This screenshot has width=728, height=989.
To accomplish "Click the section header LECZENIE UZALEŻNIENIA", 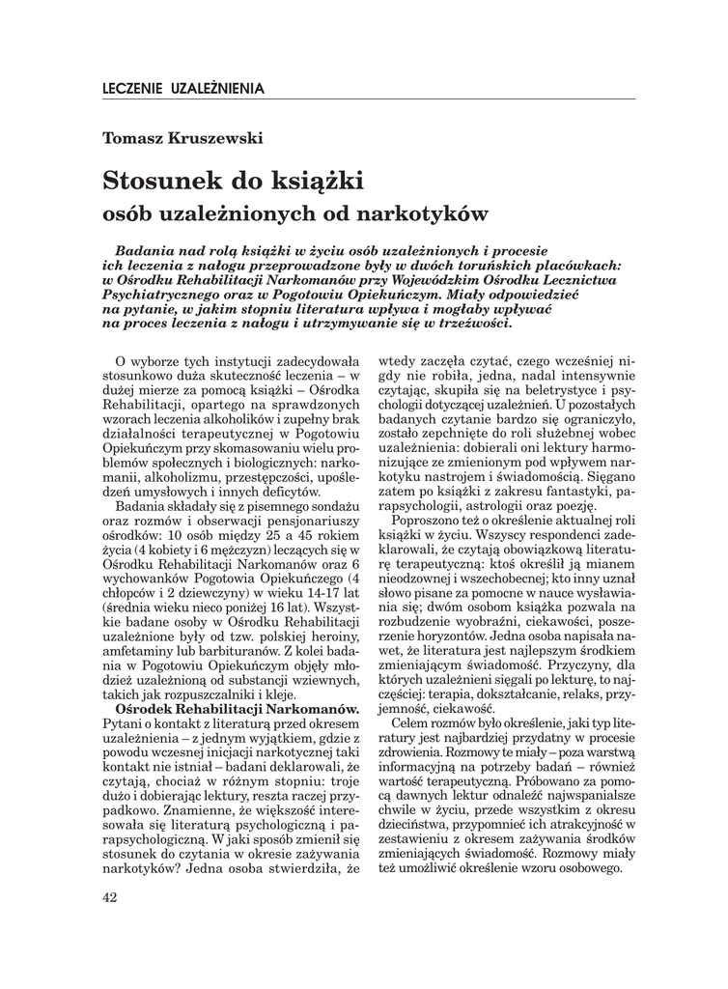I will tap(182, 88).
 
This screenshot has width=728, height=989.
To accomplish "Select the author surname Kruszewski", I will tap(207, 137).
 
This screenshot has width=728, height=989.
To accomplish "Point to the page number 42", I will tap(109, 898).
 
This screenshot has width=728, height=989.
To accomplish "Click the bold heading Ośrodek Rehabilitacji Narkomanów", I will tap(237, 709).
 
